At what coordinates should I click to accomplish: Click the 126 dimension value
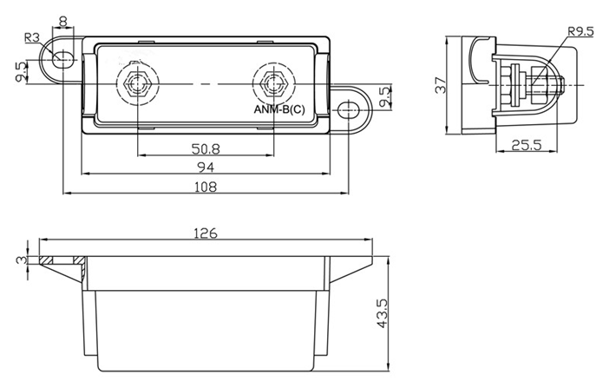pyautogui.click(x=205, y=233)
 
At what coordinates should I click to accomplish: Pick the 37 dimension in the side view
pyautogui.click(x=442, y=87)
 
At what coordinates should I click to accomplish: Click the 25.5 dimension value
pyautogui.click(x=527, y=145)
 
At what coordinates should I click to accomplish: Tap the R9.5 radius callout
pyautogui.click(x=580, y=32)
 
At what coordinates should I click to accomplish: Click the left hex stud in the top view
pyautogui.click(x=137, y=85)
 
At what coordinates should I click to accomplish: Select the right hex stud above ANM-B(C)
pyautogui.click(x=273, y=85)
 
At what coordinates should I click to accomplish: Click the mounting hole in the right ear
pyautogui.click(x=349, y=109)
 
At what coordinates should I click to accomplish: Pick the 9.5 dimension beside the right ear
pyautogui.click(x=385, y=96)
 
